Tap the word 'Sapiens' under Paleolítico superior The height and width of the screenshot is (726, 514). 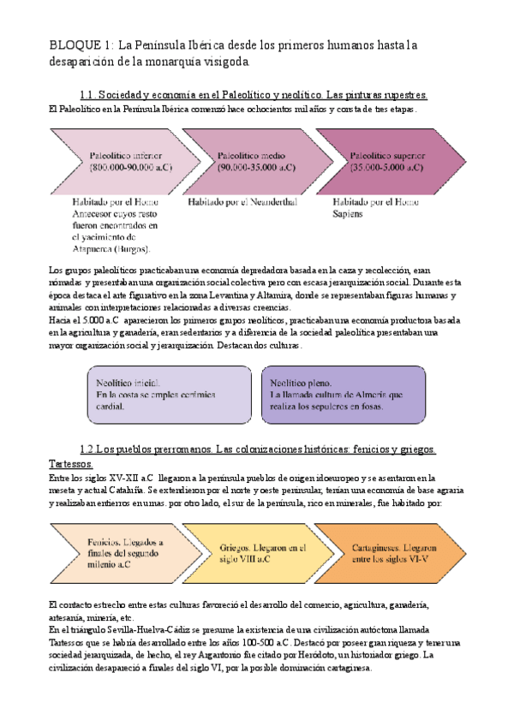click(349, 214)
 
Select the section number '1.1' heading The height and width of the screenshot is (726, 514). click(86, 95)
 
